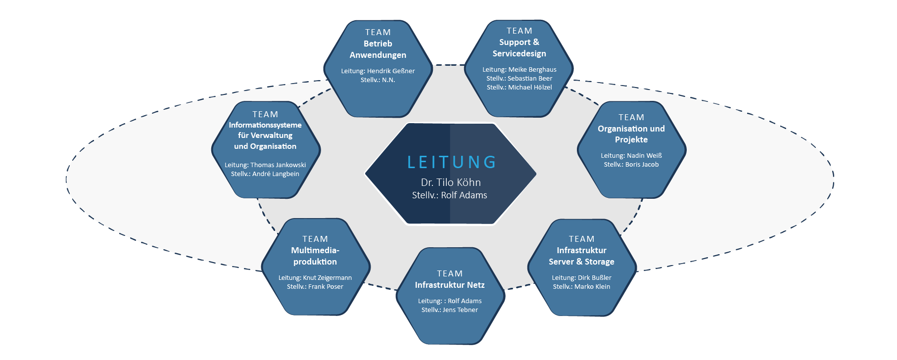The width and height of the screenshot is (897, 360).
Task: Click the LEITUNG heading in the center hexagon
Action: (x=451, y=162)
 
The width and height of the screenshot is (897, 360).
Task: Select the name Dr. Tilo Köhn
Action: (x=451, y=182)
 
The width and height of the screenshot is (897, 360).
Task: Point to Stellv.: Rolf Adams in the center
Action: (x=449, y=195)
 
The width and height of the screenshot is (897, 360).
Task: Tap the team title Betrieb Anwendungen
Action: (x=378, y=49)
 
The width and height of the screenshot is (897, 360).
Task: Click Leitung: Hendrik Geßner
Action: (x=378, y=71)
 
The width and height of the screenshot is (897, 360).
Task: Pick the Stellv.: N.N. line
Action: (x=378, y=80)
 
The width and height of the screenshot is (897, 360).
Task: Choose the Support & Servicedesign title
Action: (x=519, y=48)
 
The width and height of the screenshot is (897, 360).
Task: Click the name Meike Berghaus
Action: (x=532, y=70)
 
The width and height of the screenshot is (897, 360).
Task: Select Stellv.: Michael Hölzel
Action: (x=519, y=88)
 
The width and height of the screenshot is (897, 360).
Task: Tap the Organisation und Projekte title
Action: (x=631, y=134)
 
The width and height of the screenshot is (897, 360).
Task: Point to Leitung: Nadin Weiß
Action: (x=631, y=156)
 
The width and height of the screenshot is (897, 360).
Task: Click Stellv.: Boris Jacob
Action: (x=631, y=165)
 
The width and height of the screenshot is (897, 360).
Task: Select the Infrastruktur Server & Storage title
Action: (x=581, y=256)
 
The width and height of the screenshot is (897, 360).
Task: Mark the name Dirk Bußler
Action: (x=594, y=278)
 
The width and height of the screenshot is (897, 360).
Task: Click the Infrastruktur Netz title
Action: (x=449, y=285)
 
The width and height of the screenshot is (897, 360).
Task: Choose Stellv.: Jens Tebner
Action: (x=449, y=310)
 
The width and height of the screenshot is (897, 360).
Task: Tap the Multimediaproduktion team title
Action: (x=315, y=256)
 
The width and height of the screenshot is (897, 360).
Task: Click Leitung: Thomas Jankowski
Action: (x=265, y=165)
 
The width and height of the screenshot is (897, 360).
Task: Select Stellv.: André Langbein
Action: (x=265, y=174)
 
